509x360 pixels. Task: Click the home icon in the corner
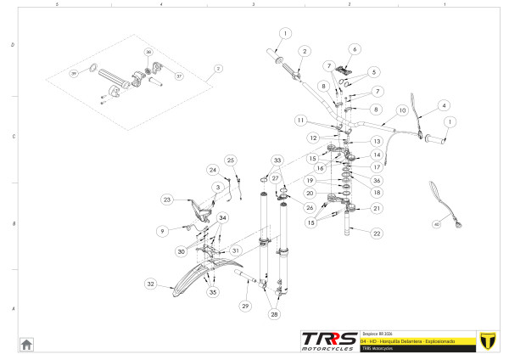27,344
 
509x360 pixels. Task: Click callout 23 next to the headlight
167,200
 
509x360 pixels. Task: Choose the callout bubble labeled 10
403,110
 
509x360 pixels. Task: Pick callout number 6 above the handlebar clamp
355,49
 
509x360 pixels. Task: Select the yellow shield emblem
487,340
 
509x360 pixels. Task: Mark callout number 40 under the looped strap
437,225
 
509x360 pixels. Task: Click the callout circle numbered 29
245,305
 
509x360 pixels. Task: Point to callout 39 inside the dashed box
73,74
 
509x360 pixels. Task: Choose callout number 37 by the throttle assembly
179,76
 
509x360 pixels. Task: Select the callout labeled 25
229,160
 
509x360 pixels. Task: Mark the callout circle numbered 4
443,105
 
